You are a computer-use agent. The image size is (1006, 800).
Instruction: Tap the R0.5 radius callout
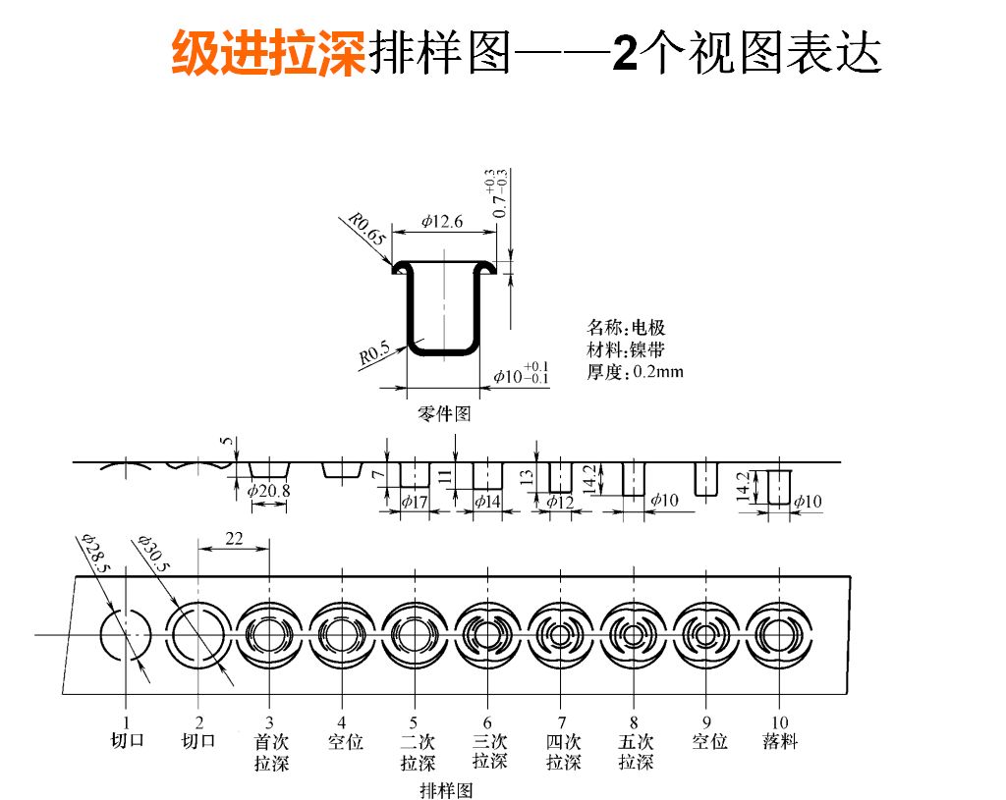[374, 353]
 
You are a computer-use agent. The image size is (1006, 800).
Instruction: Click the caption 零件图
[445, 414]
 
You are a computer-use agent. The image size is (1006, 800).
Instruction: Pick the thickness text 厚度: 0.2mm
[635, 372]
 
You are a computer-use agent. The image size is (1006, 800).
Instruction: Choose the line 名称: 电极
[626, 328]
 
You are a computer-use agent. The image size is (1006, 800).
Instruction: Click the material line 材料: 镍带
[626, 349]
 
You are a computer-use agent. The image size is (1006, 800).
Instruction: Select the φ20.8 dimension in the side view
[268, 490]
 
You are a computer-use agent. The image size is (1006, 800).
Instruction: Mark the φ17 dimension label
[414, 501]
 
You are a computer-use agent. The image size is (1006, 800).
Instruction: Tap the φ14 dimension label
[487, 501]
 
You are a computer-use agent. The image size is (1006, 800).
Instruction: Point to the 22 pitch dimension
[234, 538]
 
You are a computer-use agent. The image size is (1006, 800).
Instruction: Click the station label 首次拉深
[271, 752]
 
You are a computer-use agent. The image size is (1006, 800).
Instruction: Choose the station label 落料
[780, 742]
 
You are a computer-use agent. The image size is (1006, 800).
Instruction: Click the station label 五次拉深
[636, 752]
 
